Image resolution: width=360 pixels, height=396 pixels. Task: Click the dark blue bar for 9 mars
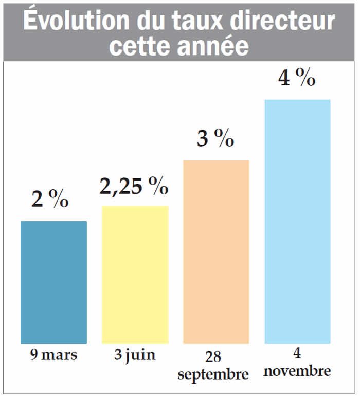53,282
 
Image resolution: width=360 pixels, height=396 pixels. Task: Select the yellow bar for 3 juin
135,274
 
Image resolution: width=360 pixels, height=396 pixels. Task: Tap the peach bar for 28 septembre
216,251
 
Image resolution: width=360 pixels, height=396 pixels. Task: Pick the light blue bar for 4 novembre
297,221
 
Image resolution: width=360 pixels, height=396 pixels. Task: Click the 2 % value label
50,200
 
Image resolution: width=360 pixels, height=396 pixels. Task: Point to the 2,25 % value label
134,186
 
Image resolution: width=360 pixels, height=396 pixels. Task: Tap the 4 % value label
296,78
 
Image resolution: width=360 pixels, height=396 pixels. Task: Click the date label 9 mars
54,355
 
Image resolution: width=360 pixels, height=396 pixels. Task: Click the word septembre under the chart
213,374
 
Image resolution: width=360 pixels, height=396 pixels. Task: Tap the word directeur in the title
282,21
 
